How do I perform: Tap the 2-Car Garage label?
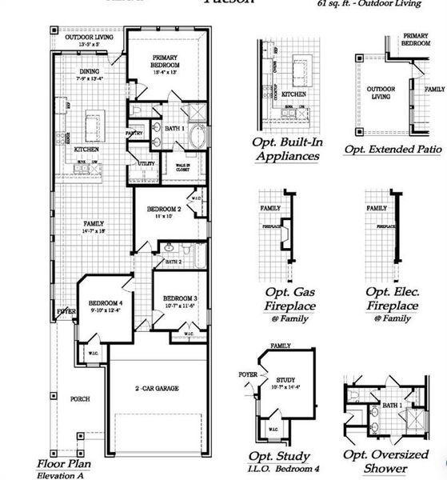click(156, 389)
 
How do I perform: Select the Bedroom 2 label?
click(163, 209)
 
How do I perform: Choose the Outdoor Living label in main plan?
click(89, 38)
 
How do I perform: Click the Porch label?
click(80, 398)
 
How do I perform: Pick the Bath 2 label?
click(174, 262)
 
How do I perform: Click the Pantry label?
click(134, 133)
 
